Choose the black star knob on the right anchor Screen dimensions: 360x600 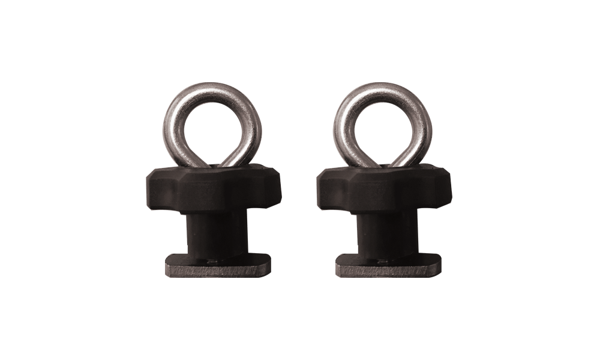[x=385, y=189]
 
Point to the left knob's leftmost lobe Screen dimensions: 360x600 [x=151, y=185]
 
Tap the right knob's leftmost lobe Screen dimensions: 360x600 [x=322, y=185]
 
